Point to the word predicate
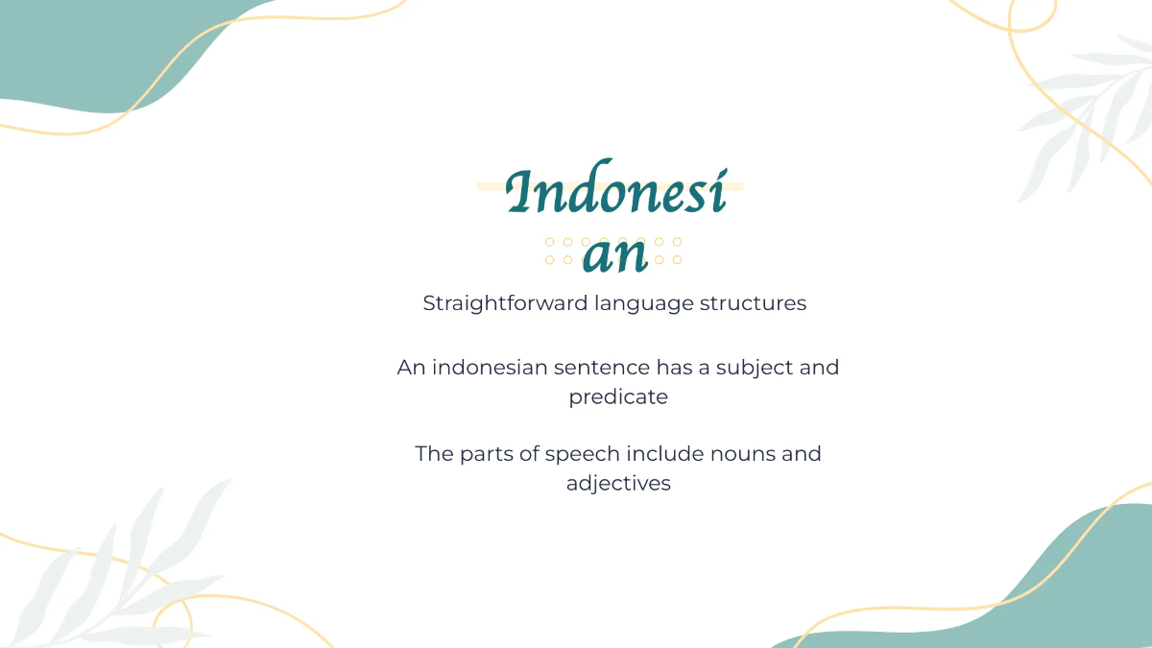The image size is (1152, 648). tap(618, 396)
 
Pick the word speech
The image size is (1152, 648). tap(582, 453)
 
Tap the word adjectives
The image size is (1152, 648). tap(618, 483)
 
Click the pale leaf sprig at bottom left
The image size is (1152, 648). tap(115, 566)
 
